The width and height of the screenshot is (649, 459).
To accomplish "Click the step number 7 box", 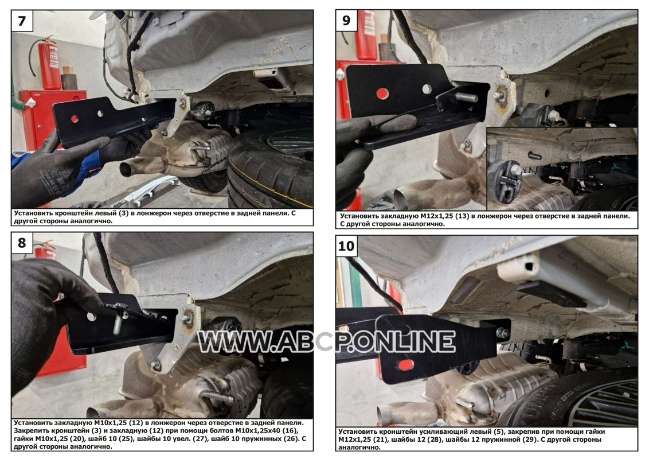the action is (x=22, y=21).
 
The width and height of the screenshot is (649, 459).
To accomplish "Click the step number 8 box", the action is (x=22, y=243).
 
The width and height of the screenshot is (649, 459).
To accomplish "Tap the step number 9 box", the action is (x=346, y=21).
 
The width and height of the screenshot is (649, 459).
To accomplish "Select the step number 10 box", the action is (x=346, y=246).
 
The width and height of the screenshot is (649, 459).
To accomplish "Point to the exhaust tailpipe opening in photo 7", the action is (x=126, y=169).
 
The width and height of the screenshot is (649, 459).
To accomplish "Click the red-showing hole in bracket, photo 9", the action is (x=382, y=94).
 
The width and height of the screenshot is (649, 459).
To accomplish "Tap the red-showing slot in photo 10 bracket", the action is (x=406, y=364).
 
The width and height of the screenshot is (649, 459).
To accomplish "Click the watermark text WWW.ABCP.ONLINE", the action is (x=326, y=342).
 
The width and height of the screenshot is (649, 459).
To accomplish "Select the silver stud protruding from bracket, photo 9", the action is (x=466, y=98).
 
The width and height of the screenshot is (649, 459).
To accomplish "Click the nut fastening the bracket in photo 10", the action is (x=503, y=333).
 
